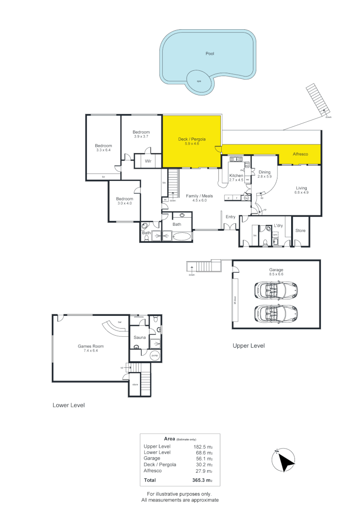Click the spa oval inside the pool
point(199,81)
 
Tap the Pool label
point(210,54)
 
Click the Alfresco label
point(300,154)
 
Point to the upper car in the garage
point(275,289)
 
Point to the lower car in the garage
point(275,312)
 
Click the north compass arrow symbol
point(285,459)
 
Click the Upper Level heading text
point(249,346)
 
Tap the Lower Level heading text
point(68,405)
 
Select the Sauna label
point(140,337)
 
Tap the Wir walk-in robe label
point(148,161)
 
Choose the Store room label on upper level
point(301,231)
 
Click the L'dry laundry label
point(278,226)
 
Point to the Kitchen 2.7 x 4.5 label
point(235,178)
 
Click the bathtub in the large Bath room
point(182,237)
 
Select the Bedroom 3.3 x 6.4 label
point(103,147)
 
